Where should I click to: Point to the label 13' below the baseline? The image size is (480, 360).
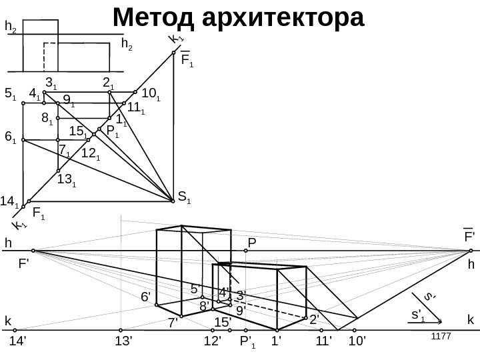pos(124,342)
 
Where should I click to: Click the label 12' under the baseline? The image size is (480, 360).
pos(213,342)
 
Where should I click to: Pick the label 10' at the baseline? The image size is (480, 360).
pos(358,342)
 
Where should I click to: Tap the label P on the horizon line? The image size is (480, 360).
pos(252,243)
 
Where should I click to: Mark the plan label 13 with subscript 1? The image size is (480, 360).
pos(67,179)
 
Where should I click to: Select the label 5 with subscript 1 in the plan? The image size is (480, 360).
pos(10,94)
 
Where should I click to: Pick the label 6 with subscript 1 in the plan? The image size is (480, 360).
pos(10,137)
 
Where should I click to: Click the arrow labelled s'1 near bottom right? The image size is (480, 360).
pos(427,319)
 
